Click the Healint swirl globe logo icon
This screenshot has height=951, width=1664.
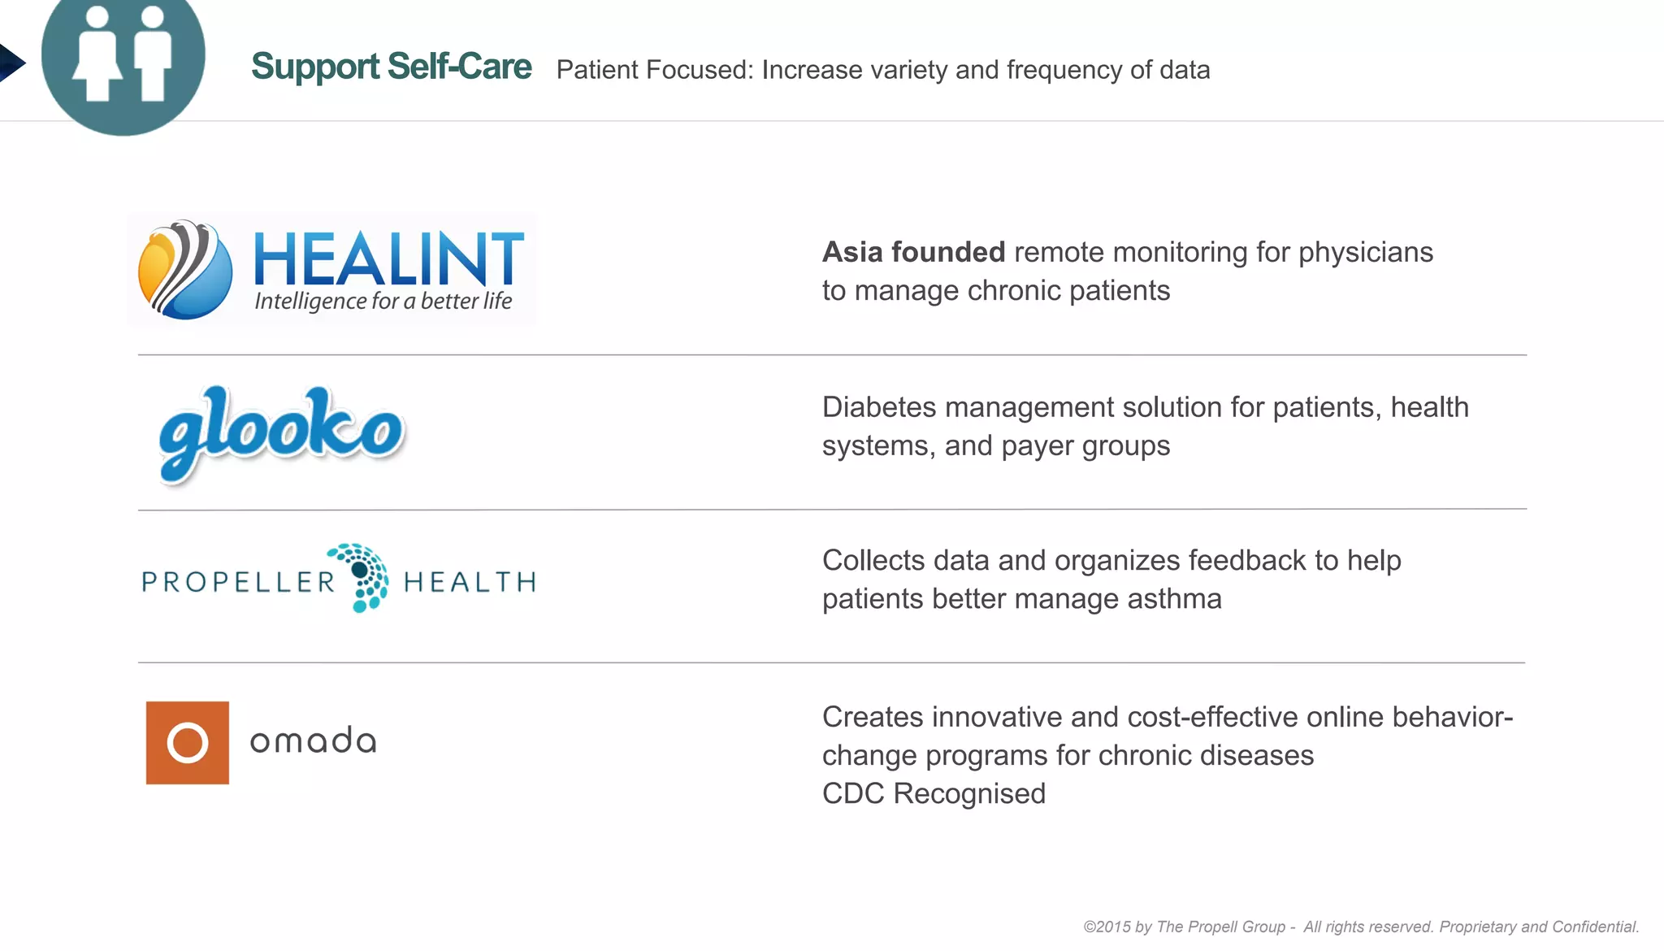[185, 269]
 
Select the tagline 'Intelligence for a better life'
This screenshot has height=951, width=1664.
[383, 302]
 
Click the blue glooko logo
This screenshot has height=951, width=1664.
[281, 432]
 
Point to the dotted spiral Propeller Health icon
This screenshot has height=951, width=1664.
[364, 577]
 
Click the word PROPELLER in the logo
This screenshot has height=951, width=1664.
[238, 582]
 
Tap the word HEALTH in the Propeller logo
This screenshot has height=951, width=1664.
[470, 582]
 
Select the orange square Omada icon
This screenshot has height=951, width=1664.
[188, 742]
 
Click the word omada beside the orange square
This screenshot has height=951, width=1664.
[313, 740]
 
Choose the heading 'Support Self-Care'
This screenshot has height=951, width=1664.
[391, 67]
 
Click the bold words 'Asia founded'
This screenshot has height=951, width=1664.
[913, 252]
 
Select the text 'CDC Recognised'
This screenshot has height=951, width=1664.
[934, 793]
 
